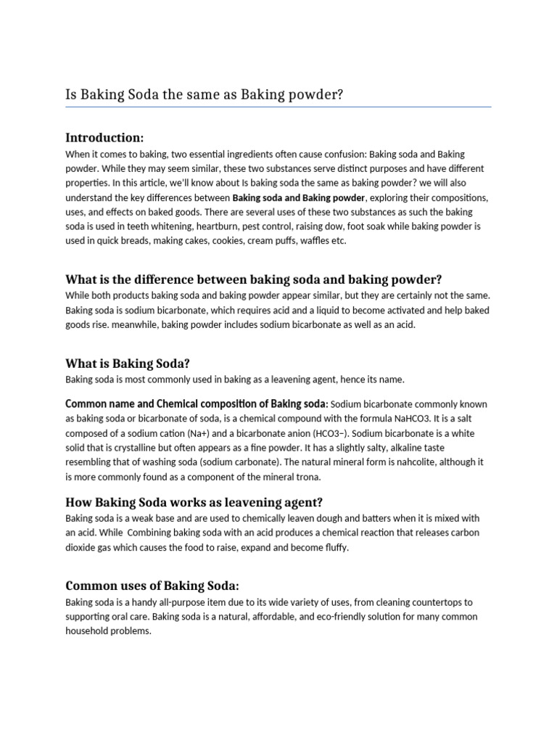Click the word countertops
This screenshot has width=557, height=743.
[x=439, y=602]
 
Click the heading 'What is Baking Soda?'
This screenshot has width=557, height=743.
[x=127, y=363]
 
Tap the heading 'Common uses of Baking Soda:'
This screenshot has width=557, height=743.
[x=152, y=586]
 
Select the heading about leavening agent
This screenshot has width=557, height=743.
[x=194, y=502]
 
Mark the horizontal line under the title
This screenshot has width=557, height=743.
[x=278, y=107]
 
